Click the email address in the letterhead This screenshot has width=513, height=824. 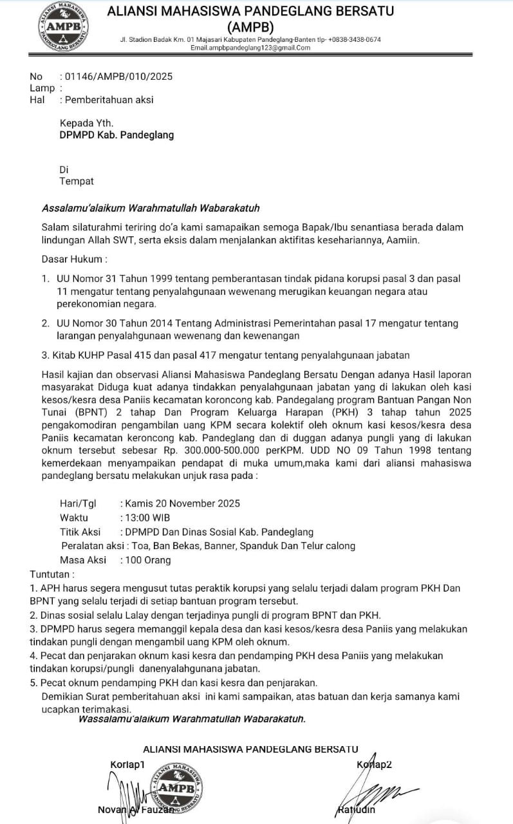(x=250, y=48)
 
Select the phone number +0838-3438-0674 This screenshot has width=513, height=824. (x=354, y=39)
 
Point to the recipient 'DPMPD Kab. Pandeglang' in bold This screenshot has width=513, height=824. (x=117, y=135)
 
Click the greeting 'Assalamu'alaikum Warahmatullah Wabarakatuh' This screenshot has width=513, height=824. (x=151, y=209)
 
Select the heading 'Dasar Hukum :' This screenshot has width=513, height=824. (x=74, y=259)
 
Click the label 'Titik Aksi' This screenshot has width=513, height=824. (x=80, y=532)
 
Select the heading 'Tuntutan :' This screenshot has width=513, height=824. (x=52, y=574)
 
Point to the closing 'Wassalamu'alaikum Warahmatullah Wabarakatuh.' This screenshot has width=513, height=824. (x=191, y=718)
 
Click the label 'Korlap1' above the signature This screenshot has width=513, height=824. (x=128, y=763)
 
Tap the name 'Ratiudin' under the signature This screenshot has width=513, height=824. (x=356, y=810)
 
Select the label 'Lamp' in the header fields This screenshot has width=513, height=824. (x=42, y=88)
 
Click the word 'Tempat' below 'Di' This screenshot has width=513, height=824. (x=77, y=182)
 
